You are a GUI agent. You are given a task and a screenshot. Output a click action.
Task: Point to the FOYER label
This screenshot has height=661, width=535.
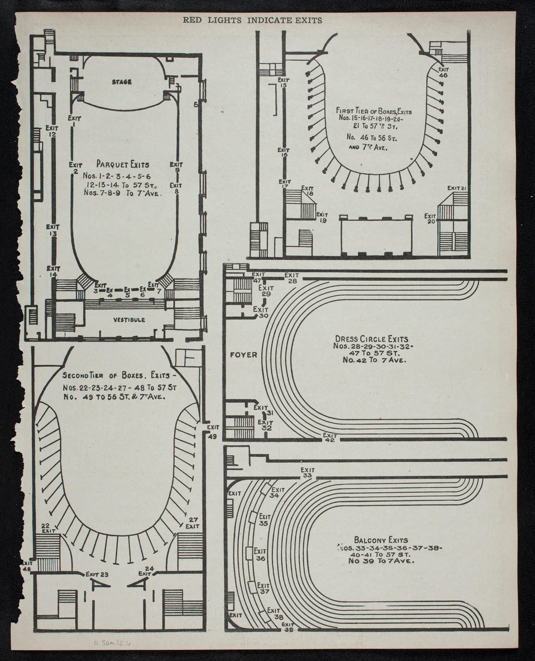coord(244,354)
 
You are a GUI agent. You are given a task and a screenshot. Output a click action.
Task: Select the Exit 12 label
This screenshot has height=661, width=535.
coord(52,131)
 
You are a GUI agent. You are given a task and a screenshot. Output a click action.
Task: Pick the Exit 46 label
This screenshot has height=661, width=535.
coord(443,72)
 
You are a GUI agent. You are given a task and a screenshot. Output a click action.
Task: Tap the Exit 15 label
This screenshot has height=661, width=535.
coord(282,82)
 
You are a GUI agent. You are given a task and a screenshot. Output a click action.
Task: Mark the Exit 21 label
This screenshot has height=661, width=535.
coord(457,188)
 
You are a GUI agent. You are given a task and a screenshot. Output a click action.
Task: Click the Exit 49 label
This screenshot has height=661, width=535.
coord(213,431)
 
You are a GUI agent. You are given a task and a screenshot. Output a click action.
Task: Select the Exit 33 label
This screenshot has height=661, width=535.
coord(308,472)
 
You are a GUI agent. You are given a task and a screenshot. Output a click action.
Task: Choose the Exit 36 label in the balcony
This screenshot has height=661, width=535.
coord(260,554)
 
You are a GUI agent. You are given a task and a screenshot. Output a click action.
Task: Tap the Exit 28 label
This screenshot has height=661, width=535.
coord(292,278)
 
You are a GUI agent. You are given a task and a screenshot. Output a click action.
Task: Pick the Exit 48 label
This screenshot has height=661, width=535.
coord(27,565)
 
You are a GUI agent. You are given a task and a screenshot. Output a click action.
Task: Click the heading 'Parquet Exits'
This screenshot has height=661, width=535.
coord(123,165)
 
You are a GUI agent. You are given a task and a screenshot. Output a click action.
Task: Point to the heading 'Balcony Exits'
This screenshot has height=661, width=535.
coord(381,540)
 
